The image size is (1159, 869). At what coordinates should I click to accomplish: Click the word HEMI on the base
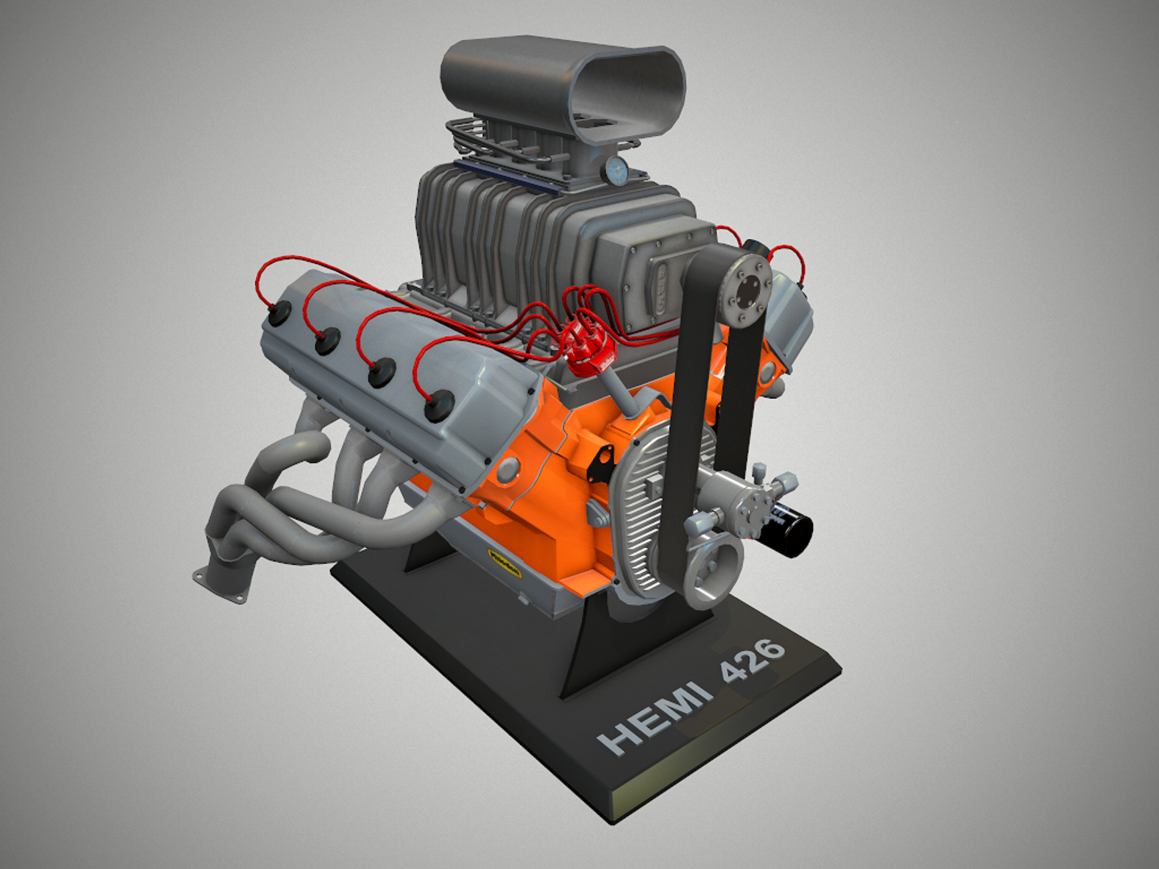[x=656, y=715]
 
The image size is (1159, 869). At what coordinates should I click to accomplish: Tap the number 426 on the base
[x=753, y=659]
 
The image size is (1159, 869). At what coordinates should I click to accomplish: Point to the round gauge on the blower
[x=618, y=169]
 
